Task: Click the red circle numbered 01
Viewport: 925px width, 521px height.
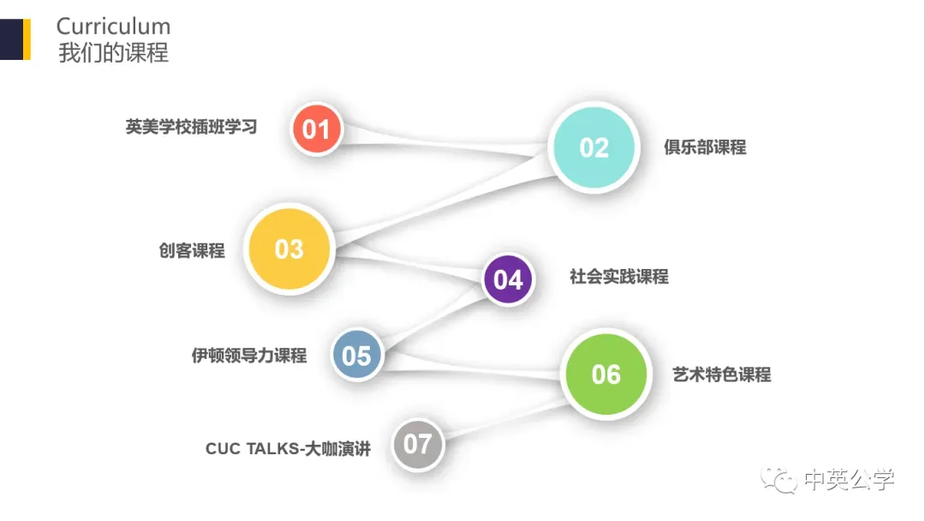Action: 316,129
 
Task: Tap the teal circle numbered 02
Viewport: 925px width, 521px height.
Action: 594,147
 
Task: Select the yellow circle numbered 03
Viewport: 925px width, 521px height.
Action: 289,249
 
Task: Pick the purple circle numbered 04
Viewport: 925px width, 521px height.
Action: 508,279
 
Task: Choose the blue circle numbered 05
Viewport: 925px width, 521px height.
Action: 356,355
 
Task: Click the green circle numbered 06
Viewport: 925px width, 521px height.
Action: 606,374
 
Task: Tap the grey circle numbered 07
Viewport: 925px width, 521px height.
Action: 417,444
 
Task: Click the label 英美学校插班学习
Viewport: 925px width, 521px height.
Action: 191,128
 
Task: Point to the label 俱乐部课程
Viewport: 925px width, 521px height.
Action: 705,147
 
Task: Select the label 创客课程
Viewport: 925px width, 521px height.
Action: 191,250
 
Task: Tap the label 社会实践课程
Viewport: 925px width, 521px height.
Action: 618,277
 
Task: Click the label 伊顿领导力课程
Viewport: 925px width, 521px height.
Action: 248,355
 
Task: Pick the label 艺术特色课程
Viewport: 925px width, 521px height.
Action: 721,374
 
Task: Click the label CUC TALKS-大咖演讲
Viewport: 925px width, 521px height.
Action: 288,448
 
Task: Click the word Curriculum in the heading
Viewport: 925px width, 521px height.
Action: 113,27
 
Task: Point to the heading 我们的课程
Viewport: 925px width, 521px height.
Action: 113,53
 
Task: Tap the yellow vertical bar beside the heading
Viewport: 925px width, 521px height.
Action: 27,39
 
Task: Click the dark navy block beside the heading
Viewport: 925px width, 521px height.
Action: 10,39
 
